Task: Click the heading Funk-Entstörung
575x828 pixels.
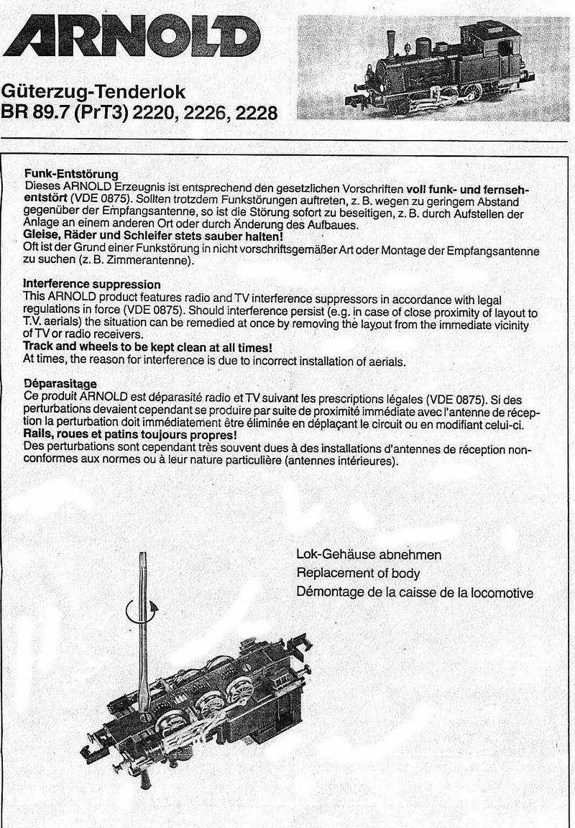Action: point(71,174)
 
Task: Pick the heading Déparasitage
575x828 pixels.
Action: point(60,383)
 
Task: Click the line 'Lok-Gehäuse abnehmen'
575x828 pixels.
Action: point(369,556)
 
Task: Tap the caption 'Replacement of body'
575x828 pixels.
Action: point(358,574)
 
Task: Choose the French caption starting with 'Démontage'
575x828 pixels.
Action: point(415,592)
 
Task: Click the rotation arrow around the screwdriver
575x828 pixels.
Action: point(141,612)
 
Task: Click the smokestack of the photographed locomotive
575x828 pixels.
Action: point(391,43)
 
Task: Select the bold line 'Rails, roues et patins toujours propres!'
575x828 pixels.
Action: point(130,436)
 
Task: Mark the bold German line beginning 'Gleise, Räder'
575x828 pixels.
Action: point(153,236)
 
